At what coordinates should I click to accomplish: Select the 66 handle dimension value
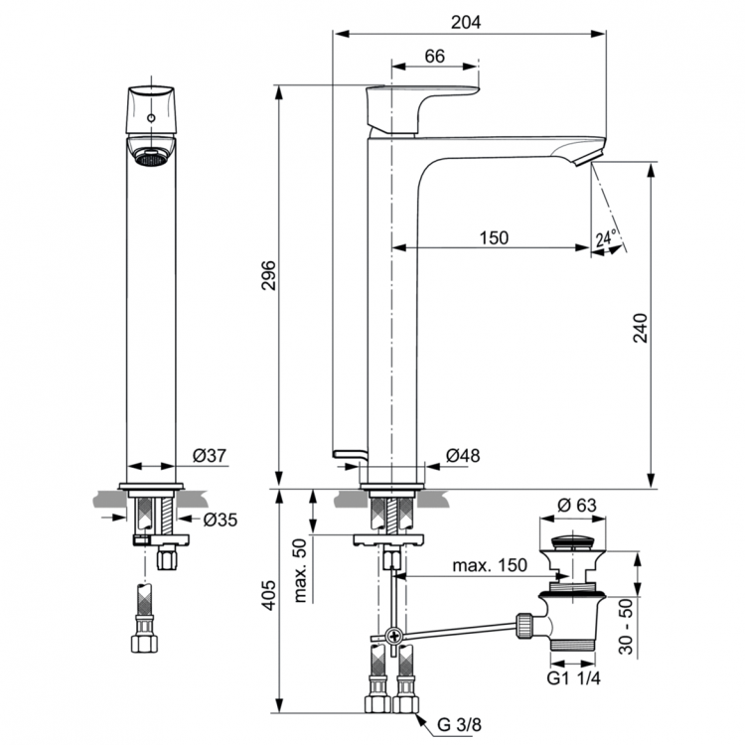[x=434, y=57]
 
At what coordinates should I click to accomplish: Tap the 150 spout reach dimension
[x=493, y=237]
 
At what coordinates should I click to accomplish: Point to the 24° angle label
[x=606, y=238]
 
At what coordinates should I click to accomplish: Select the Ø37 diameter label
[x=210, y=455]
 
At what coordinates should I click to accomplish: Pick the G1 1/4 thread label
[x=575, y=680]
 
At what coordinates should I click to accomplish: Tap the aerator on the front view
[x=151, y=157]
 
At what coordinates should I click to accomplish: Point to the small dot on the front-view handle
[x=151, y=118]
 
